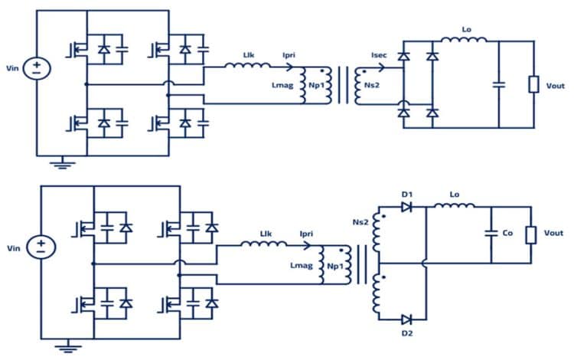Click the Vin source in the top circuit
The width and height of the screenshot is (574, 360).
(x=36, y=69)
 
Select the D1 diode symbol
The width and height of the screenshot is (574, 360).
(x=406, y=207)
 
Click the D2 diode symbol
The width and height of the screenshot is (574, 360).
(x=406, y=319)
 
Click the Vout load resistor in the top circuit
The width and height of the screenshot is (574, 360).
(x=533, y=83)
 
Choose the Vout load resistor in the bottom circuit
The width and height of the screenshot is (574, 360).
(x=530, y=234)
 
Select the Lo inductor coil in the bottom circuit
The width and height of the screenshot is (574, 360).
(x=455, y=205)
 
